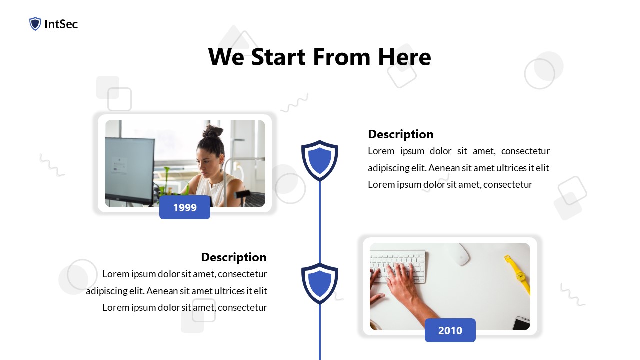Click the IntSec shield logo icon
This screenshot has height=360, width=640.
click(35, 24)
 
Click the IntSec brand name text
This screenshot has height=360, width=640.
click(61, 24)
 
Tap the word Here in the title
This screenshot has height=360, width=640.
click(404, 57)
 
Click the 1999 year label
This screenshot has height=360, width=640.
click(185, 207)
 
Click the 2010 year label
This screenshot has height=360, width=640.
click(450, 330)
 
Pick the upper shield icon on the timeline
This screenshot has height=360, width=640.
click(320, 160)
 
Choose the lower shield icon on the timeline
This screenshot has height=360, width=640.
click(320, 283)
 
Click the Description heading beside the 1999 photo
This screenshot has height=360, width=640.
click(400, 134)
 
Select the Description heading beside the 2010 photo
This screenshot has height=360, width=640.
click(233, 257)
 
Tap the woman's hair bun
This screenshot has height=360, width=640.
click(213, 132)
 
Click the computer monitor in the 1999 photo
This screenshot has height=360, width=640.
click(129, 170)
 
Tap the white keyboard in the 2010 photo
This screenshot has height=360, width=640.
click(398, 262)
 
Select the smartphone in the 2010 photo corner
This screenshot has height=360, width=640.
click(521, 323)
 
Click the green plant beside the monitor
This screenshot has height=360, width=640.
click(168, 182)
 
